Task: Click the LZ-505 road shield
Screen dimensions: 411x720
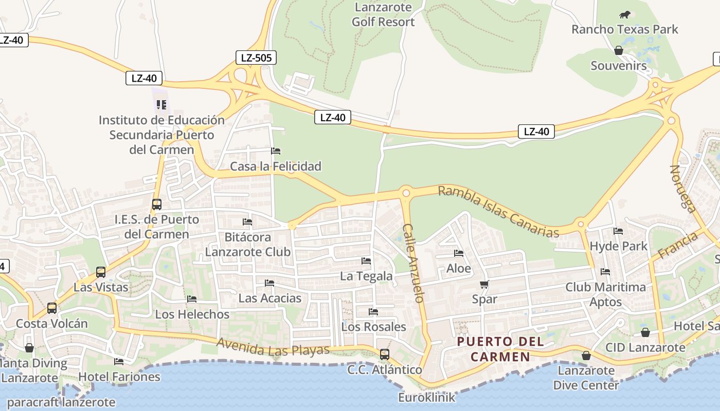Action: pyautogui.click(x=256, y=58)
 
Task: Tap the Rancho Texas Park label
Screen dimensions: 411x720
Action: pyautogui.click(x=625, y=29)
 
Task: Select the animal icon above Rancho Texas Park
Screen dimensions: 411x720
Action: pyautogui.click(x=625, y=14)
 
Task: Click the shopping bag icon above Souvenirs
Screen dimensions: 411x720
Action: pyautogui.click(x=619, y=50)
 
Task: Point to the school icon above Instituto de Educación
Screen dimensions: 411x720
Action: pyautogui.click(x=161, y=105)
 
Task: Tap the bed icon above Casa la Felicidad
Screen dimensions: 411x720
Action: pyautogui.click(x=276, y=151)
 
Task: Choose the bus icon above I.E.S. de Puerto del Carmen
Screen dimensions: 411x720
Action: pyautogui.click(x=157, y=204)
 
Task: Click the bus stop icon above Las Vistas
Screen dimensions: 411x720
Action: pyautogui.click(x=101, y=272)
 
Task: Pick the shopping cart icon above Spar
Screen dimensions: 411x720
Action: pyautogui.click(x=484, y=284)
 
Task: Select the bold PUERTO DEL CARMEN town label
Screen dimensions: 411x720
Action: pyautogui.click(x=494, y=349)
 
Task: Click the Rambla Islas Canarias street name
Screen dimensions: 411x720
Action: pyautogui.click(x=498, y=212)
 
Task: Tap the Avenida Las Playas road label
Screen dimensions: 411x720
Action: pyautogui.click(x=273, y=347)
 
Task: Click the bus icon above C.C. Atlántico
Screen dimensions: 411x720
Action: pyautogui.click(x=384, y=354)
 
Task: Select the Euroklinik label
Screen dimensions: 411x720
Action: pyautogui.click(x=427, y=397)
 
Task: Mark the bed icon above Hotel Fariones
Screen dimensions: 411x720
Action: pyautogui.click(x=119, y=362)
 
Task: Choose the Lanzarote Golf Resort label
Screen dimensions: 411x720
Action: pyautogui.click(x=383, y=14)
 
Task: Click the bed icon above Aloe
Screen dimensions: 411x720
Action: pyautogui.click(x=458, y=253)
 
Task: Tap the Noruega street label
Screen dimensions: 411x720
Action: pyautogui.click(x=683, y=188)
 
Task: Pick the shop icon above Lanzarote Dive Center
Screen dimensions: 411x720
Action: pyautogui.click(x=586, y=356)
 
